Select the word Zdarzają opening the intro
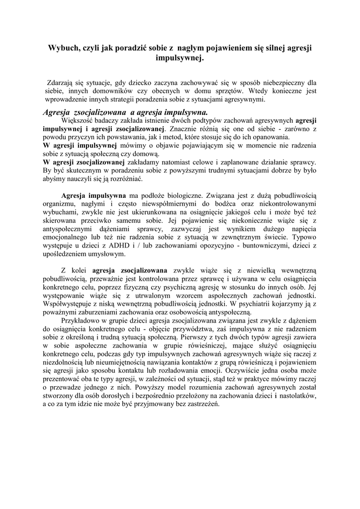[x=61, y=83]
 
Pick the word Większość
[x=78, y=120]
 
